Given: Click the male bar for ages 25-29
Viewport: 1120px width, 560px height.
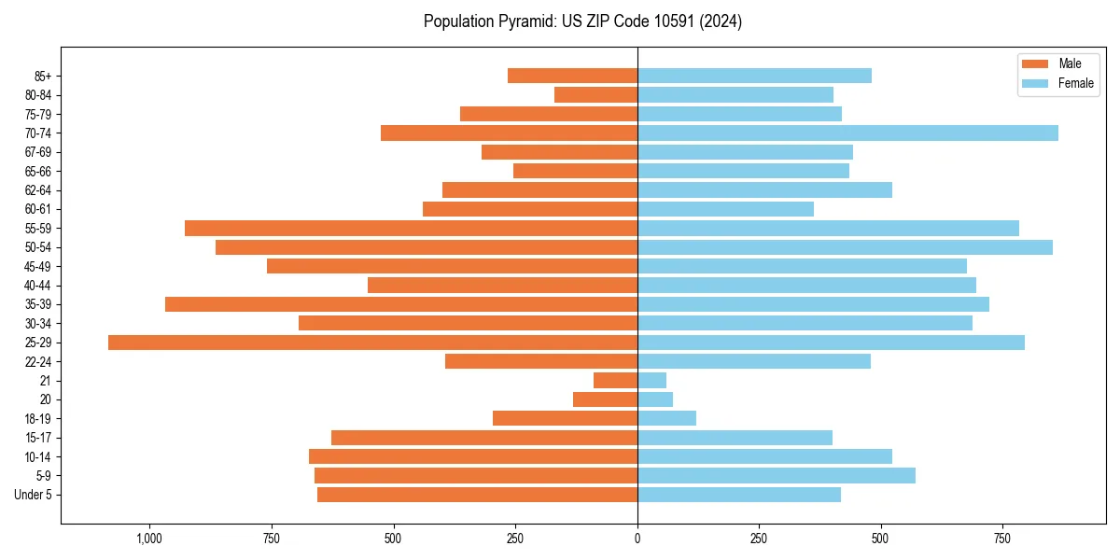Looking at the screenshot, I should click(372, 343).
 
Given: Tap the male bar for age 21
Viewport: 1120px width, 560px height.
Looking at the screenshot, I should click(615, 381).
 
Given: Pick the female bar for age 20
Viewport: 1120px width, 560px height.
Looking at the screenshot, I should click(655, 399).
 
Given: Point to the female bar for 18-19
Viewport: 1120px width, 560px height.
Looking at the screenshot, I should click(666, 418).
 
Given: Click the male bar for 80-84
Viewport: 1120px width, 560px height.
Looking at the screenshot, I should click(595, 94).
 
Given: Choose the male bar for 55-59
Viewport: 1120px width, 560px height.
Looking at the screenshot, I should click(411, 228).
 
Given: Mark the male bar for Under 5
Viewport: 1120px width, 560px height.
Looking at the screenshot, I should click(477, 495).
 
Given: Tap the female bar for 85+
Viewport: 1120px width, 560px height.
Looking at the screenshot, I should click(754, 76).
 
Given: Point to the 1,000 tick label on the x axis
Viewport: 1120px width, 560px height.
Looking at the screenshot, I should click(149, 539).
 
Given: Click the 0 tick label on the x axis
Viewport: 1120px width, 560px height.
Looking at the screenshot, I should click(637, 539).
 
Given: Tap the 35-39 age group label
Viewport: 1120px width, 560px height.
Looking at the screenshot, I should click(38, 304).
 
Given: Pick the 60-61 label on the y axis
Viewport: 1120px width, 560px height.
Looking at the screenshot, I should click(38, 209).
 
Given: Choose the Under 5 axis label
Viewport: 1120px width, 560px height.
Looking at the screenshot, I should click(34, 495).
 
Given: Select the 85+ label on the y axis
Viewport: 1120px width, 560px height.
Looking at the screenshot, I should click(44, 76).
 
